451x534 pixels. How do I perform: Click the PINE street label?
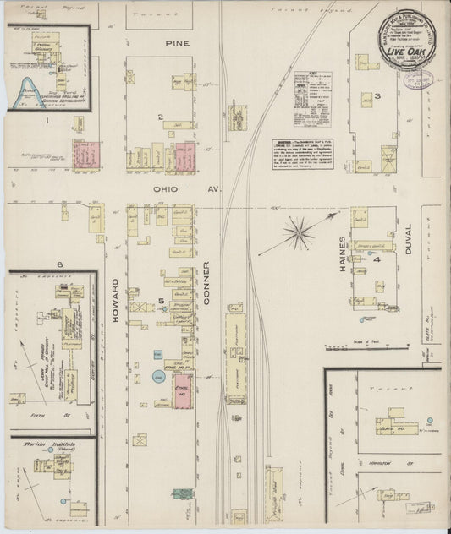tap(179, 41)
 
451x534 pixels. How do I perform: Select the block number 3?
tap(378, 95)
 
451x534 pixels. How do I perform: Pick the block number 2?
tap(158, 116)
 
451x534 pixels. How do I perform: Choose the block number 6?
tap(60, 264)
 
